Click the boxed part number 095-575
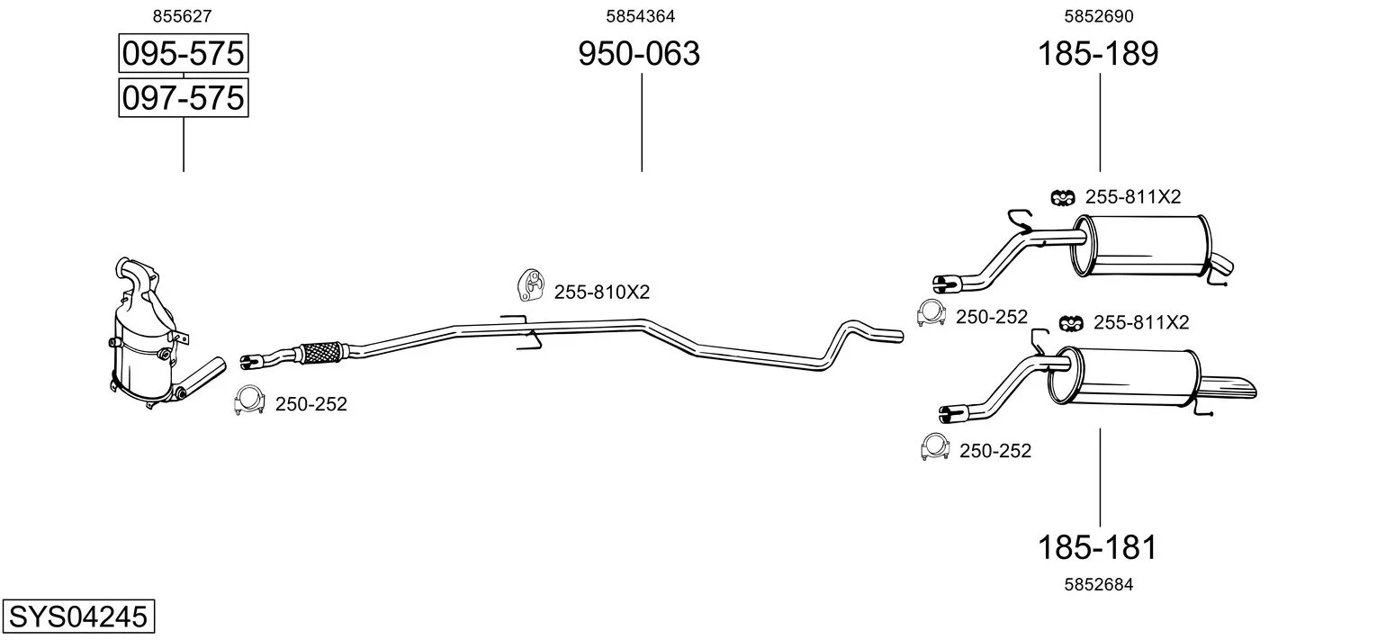click(x=184, y=53)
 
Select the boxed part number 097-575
click(x=184, y=98)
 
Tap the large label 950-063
click(x=639, y=53)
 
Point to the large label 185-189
click(x=1099, y=53)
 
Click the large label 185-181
click(x=1098, y=547)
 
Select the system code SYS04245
click(x=78, y=616)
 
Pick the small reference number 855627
click(x=182, y=16)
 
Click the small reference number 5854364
click(x=641, y=16)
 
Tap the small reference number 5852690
click(x=1099, y=16)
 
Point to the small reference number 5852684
click(x=1099, y=584)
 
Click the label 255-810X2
click(x=602, y=292)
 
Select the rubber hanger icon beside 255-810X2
click(x=531, y=284)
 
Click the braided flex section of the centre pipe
click(x=321, y=352)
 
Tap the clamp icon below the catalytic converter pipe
click(x=249, y=401)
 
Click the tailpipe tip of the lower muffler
click(x=1229, y=388)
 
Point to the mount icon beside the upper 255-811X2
click(x=1063, y=197)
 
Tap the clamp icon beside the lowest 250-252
click(x=934, y=447)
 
